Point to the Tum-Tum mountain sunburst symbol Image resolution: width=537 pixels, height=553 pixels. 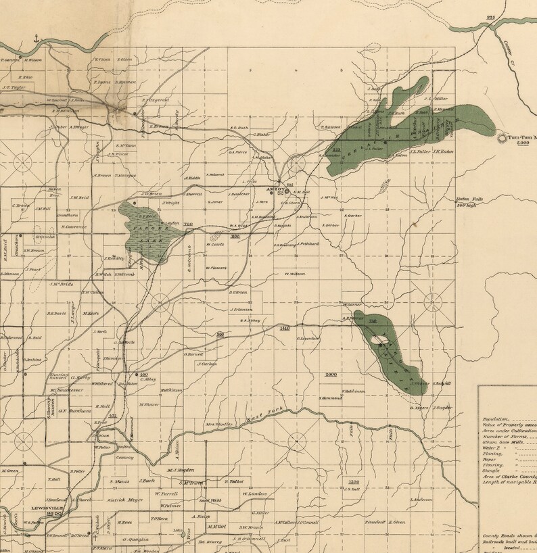503,138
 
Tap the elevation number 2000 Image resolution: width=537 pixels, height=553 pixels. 331,374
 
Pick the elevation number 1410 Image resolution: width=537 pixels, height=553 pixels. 284,328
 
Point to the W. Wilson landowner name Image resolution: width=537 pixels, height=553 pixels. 294,274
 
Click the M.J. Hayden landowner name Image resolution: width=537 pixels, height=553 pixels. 181,470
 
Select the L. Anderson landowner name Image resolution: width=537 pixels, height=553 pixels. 421,500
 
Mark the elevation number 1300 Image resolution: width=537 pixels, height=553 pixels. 353,481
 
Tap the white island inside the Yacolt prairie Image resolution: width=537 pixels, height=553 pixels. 384,341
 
